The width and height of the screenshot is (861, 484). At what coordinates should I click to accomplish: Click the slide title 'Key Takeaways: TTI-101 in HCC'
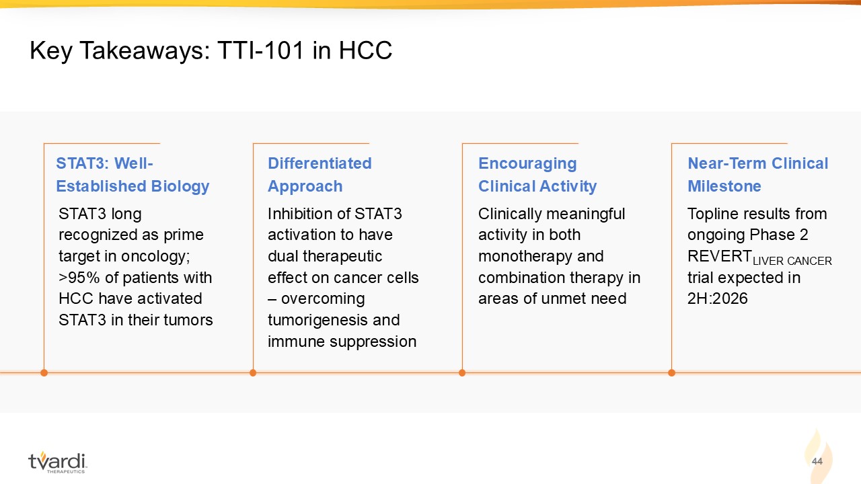click(211, 50)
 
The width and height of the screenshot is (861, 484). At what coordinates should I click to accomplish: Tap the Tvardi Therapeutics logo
click(57, 462)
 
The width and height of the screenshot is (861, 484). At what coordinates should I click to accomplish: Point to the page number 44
click(817, 461)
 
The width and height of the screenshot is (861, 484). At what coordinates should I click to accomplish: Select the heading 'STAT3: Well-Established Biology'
click(133, 175)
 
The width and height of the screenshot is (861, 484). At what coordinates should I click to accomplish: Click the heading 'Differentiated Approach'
click(320, 175)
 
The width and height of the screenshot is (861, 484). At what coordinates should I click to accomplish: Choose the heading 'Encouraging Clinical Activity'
click(537, 175)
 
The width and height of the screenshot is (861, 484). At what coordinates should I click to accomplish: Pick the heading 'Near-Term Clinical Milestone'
click(757, 175)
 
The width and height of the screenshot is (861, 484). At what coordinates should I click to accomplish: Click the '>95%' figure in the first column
click(79, 278)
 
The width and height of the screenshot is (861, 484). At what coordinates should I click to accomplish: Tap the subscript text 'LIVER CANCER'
click(792, 261)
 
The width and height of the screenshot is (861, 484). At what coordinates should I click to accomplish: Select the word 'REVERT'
click(719, 256)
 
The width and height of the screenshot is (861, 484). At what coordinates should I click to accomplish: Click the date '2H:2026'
click(717, 298)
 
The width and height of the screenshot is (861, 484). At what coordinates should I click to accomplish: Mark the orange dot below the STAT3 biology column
click(44, 372)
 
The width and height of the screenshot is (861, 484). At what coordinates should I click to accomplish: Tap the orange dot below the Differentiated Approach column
click(253, 372)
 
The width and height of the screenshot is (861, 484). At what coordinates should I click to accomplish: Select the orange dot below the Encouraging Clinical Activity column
click(462, 372)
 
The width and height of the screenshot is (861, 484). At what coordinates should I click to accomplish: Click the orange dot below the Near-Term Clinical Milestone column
click(671, 372)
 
